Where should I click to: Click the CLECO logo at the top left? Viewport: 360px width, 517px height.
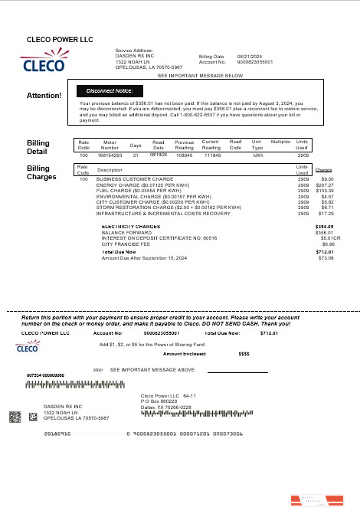click(46, 63)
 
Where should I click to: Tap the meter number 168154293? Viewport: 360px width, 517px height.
click(110, 155)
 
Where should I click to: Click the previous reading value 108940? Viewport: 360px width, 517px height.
click(184, 155)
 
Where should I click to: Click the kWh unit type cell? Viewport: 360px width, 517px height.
click(258, 155)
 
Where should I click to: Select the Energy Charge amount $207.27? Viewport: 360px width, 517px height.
click(324, 185)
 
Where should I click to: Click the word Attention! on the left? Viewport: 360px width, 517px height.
click(44, 96)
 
